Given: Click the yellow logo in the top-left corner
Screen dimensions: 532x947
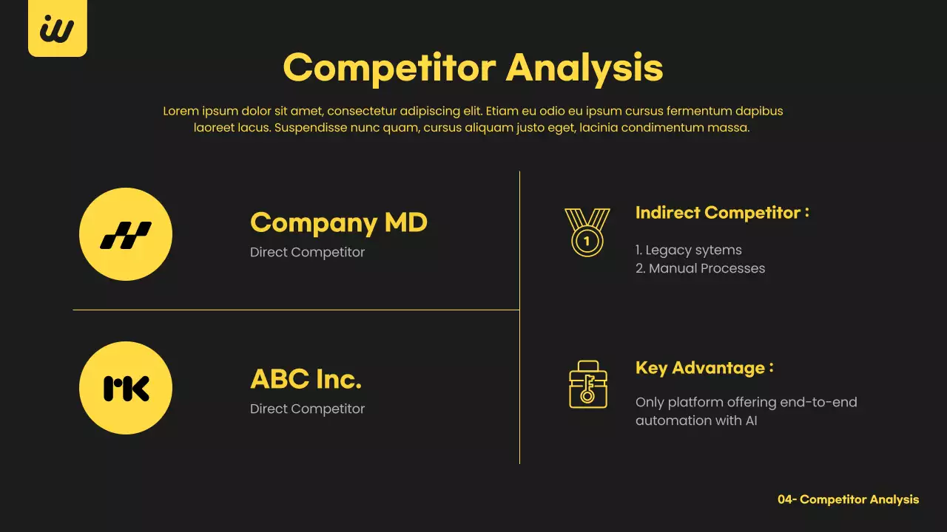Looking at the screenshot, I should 57,29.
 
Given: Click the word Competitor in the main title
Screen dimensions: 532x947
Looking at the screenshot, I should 389,68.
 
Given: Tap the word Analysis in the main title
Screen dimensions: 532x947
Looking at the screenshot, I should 584,68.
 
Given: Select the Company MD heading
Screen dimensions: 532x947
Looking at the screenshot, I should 339,222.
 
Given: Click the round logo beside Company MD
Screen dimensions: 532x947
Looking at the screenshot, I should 126,234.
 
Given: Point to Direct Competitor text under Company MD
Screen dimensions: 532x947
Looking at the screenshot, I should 307,253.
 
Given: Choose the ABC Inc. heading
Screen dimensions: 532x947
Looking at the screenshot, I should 306,379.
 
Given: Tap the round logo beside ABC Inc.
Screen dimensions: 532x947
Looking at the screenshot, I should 126,388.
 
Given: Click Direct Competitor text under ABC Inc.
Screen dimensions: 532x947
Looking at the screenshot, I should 307,409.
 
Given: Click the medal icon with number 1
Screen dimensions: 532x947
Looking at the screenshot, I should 587,232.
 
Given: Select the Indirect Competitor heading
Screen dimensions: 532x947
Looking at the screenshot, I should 722,213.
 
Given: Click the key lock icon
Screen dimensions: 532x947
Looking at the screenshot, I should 587,385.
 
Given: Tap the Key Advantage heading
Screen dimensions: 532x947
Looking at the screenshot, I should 704,368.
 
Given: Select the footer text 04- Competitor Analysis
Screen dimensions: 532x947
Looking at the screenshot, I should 848,499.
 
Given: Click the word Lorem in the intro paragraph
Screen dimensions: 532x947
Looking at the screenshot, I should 181,112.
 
